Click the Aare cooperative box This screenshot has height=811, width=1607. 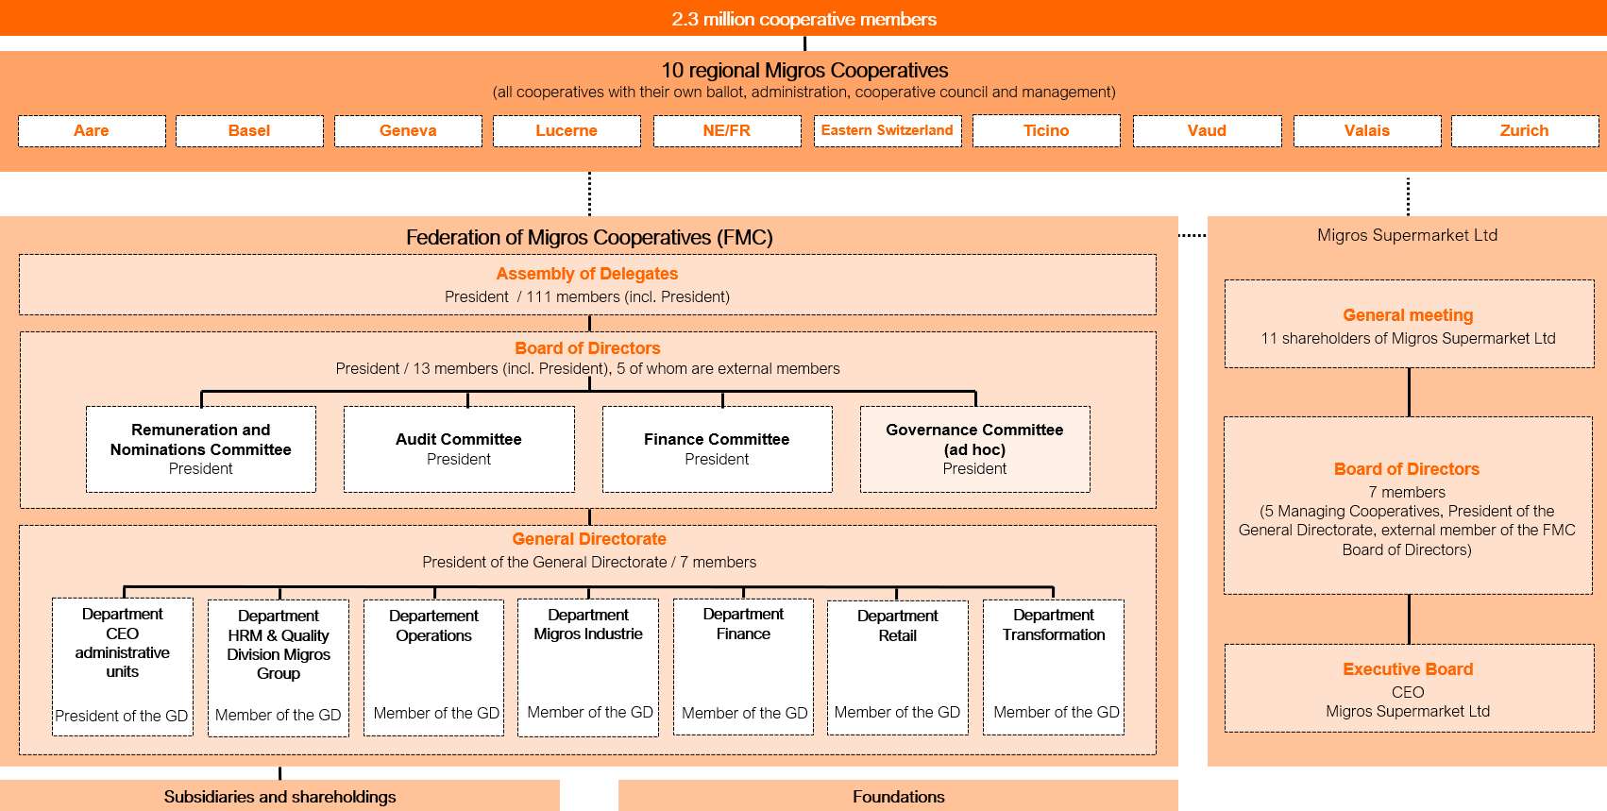[x=92, y=130]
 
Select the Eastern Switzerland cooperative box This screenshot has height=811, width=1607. [x=887, y=130]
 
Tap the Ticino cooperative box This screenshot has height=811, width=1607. [x=1046, y=130]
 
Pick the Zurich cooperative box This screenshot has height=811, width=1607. [x=1524, y=130]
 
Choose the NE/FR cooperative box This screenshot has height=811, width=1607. [x=726, y=130]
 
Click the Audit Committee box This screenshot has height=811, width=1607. [x=459, y=449]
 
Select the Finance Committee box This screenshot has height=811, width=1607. [x=717, y=449]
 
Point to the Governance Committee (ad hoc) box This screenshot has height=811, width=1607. [x=974, y=449]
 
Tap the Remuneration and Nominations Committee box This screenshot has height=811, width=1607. [x=201, y=449]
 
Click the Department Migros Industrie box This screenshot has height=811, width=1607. [x=588, y=667]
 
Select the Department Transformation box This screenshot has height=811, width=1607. [x=1054, y=667]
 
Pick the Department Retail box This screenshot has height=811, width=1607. [x=898, y=667]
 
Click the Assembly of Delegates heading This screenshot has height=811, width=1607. [x=587, y=274]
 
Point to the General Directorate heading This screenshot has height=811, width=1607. [x=589, y=539]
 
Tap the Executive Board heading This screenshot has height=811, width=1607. [x=1408, y=669]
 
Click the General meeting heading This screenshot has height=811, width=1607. [x=1408, y=315]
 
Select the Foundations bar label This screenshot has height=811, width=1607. [x=898, y=797]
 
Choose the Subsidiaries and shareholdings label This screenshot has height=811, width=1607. [x=279, y=797]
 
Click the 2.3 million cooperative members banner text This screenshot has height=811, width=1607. [x=803, y=19]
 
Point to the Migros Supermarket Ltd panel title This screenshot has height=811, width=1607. [x=1407, y=235]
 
